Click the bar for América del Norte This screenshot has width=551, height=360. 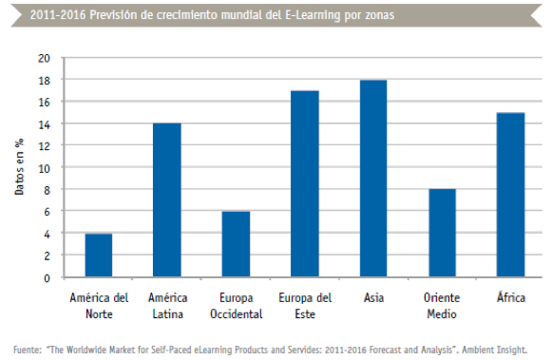(98, 256)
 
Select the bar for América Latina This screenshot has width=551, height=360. (166, 200)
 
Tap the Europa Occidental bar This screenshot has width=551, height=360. (236, 244)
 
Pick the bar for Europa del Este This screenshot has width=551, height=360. (304, 184)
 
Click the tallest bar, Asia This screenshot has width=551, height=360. (372, 179)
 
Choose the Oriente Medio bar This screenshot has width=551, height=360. (442, 234)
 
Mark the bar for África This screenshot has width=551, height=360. (510, 196)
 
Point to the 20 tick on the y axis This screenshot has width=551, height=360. (43, 58)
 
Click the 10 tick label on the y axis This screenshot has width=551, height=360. (43, 168)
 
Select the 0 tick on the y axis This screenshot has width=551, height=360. (46, 278)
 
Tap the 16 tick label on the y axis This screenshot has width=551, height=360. (43, 102)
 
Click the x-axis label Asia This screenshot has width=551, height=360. (372, 297)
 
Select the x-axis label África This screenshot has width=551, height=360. (510, 297)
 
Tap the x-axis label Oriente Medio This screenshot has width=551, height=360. (442, 304)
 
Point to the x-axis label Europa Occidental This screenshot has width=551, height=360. (236, 304)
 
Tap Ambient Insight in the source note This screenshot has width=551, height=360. (495, 347)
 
